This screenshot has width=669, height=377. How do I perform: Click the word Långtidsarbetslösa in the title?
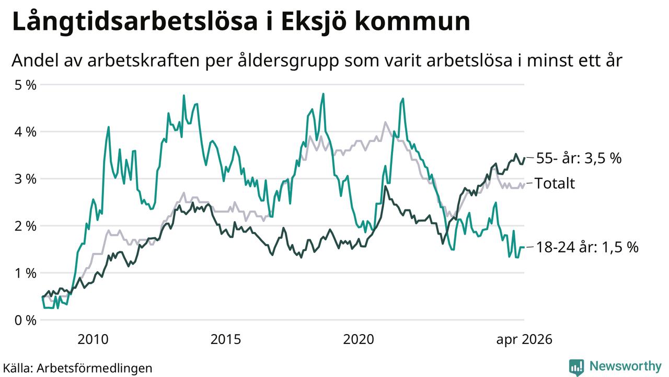(x=135, y=23)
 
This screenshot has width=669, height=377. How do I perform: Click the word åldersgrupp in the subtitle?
(x=289, y=61)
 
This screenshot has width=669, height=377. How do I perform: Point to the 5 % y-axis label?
(x=26, y=85)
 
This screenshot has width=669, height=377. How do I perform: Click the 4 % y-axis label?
(x=26, y=132)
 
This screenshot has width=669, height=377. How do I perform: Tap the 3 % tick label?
(x=26, y=179)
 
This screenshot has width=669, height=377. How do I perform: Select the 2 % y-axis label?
(x=26, y=226)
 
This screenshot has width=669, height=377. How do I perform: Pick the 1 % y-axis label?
(x=26, y=273)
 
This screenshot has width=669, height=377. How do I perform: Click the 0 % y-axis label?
(x=26, y=320)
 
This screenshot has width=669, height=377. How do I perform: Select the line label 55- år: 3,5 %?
(x=579, y=158)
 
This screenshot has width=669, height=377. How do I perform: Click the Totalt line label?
(x=555, y=183)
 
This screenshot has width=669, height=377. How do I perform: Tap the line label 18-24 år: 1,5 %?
(x=587, y=248)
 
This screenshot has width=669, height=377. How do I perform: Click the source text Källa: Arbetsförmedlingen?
(x=78, y=368)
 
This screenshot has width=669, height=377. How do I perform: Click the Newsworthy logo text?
(x=626, y=367)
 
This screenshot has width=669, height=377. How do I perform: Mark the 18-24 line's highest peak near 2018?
(x=323, y=94)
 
